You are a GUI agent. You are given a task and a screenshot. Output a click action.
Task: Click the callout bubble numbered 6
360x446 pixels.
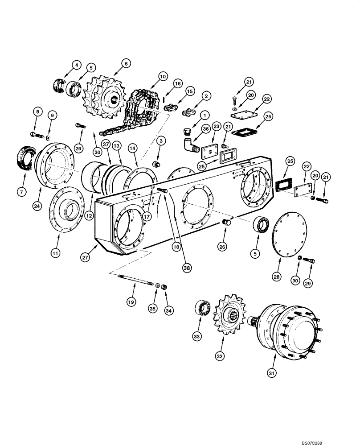[126, 64]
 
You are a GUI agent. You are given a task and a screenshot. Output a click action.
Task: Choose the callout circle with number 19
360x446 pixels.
[131, 302]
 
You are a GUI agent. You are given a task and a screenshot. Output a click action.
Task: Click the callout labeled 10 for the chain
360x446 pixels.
[163, 77]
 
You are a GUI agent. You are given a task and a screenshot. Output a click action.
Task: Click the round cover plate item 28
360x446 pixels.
[290, 235]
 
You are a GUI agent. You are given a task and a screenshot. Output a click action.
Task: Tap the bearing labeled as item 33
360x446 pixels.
[203, 309]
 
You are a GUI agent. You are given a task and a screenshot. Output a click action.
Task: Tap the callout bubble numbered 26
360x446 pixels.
[221, 246]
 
